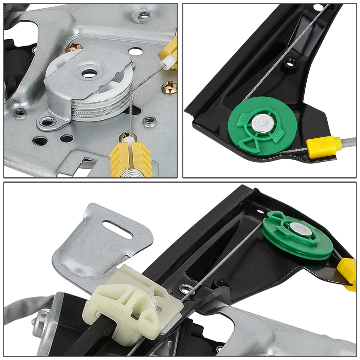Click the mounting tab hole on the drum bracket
click(x=47, y=122)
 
